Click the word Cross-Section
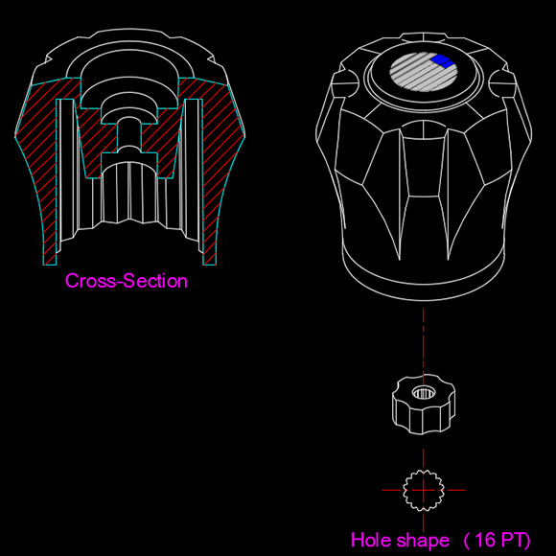(x=127, y=281)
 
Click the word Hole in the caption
(x=371, y=540)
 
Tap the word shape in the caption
(x=423, y=542)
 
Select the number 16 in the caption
(x=484, y=540)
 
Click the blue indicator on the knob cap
(x=442, y=60)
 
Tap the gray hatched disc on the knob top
(x=423, y=72)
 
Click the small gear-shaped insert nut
(x=424, y=404)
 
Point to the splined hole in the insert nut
(x=423, y=392)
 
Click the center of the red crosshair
(x=424, y=491)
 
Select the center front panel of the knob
(x=424, y=167)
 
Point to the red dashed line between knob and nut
(x=423, y=340)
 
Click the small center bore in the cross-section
(x=129, y=136)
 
